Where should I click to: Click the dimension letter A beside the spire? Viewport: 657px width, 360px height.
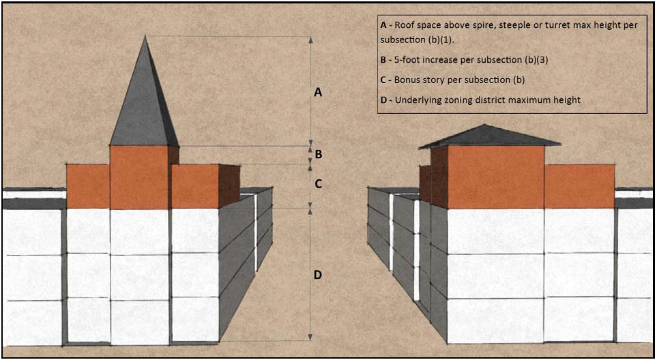(x=317, y=92)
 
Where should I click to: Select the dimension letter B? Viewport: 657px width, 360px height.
(x=317, y=154)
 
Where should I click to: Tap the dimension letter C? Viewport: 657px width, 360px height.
(x=317, y=184)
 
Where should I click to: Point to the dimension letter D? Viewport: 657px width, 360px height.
(x=317, y=275)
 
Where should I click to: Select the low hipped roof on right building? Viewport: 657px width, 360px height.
(x=488, y=136)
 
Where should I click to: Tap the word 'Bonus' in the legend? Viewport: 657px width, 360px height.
(x=408, y=79)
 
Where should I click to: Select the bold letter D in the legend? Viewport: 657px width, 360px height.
(x=384, y=100)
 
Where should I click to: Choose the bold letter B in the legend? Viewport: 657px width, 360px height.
(x=384, y=59)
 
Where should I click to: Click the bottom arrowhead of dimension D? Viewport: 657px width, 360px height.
(x=311, y=337)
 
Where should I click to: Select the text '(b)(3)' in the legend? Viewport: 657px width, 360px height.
(x=536, y=59)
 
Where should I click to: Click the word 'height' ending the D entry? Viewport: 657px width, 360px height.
(x=566, y=100)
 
